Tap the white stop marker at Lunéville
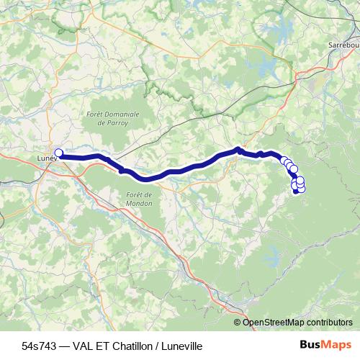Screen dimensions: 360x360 59,153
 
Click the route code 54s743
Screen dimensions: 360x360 38,346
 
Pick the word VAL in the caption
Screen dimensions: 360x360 83,346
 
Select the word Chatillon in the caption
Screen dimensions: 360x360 135,346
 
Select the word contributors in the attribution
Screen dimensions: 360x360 328,323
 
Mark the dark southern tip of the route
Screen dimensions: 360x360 296,192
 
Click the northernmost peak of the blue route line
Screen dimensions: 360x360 238,149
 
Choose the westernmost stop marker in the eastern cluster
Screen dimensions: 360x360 284,161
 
